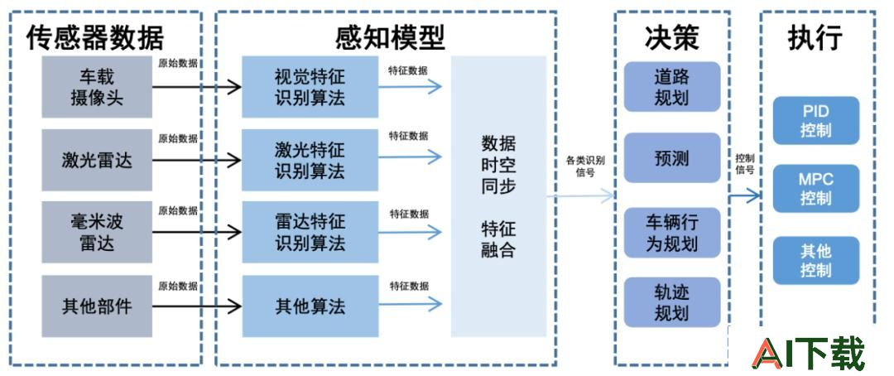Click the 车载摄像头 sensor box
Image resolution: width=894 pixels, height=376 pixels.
click(x=97, y=87)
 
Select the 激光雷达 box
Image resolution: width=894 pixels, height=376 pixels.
click(x=97, y=161)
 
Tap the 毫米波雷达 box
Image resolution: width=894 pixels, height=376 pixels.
click(x=97, y=232)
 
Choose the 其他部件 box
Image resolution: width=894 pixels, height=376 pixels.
click(x=97, y=306)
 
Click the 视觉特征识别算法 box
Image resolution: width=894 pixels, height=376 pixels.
click(x=310, y=87)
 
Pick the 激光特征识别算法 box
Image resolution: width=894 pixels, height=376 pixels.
click(x=310, y=161)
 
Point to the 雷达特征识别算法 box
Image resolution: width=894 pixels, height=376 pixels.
click(x=310, y=232)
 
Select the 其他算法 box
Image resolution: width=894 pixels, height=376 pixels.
click(x=310, y=306)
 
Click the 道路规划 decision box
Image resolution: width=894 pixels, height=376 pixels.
click(x=672, y=87)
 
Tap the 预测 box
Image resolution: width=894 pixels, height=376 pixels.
click(x=672, y=158)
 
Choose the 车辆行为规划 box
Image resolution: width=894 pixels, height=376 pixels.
click(x=672, y=233)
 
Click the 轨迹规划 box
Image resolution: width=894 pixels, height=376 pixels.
click(x=672, y=302)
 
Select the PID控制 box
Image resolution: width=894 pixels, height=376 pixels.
click(x=816, y=120)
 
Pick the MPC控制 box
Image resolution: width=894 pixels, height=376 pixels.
click(x=816, y=189)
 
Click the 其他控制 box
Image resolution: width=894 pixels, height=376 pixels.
click(x=816, y=260)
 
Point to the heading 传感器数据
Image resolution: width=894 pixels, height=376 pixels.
click(x=95, y=38)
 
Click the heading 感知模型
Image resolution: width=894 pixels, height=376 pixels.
click(x=390, y=38)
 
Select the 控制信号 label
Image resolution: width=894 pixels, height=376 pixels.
click(x=745, y=164)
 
